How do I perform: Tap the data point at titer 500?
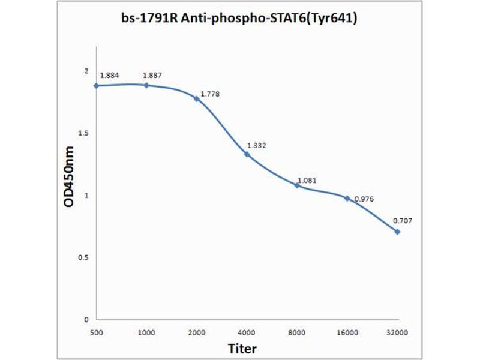[x=96, y=86]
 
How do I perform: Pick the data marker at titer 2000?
[x=196, y=98]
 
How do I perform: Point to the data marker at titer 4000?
[x=247, y=154]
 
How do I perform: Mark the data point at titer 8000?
[x=297, y=185]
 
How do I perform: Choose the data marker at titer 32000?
[x=397, y=232]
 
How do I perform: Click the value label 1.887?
[x=152, y=75]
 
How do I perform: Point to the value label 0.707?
[x=403, y=220]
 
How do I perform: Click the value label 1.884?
[x=109, y=75]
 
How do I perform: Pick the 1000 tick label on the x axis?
[x=146, y=332]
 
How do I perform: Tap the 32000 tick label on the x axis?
[x=397, y=332]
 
